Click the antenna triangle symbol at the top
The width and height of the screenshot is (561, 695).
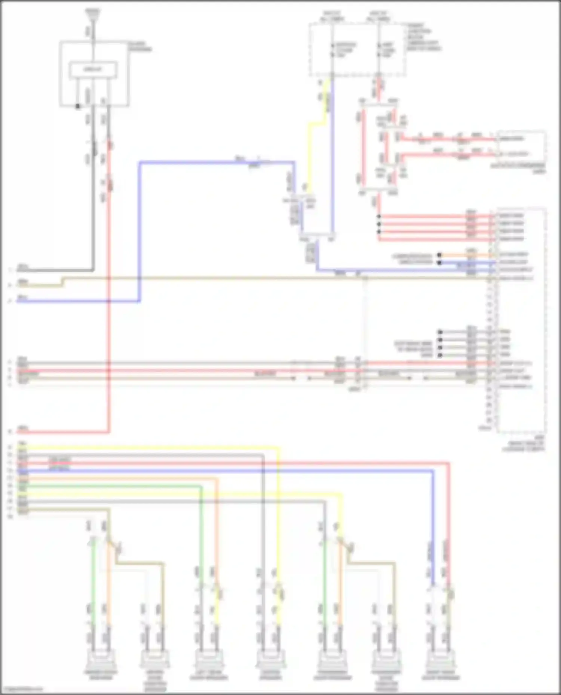92,14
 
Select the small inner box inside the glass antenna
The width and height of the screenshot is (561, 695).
93,69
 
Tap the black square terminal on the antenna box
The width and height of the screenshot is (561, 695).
78,106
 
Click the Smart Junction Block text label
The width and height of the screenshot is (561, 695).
423,37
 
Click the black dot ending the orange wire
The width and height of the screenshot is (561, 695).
439,255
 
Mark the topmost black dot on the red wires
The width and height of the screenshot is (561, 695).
379,217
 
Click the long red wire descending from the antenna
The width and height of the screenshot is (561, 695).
109,299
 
